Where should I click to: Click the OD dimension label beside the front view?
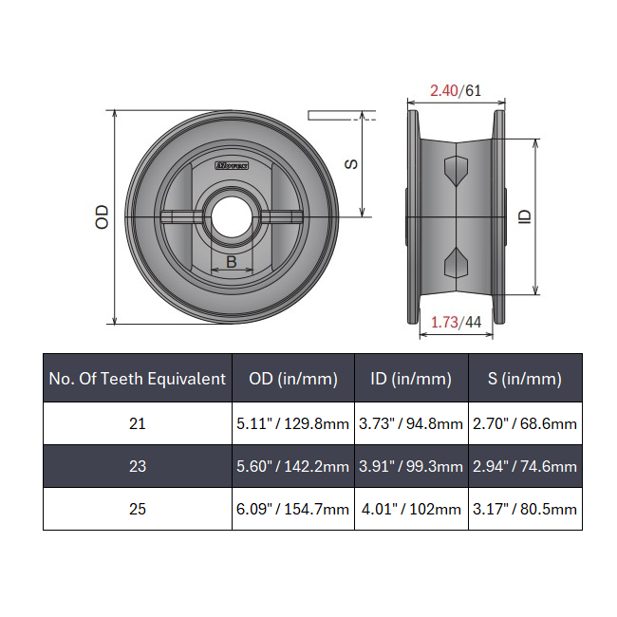click(x=103, y=216)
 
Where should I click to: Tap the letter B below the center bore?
click(x=231, y=262)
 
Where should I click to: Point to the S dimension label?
click(x=350, y=163)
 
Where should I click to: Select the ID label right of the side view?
click(x=525, y=216)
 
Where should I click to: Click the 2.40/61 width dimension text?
click(x=456, y=91)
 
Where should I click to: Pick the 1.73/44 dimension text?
click(x=457, y=322)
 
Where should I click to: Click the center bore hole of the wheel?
click(x=228, y=216)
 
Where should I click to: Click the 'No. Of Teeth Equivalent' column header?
click(x=138, y=379)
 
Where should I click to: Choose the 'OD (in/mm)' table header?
click(x=293, y=379)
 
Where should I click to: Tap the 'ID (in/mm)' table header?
click(x=411, y=379)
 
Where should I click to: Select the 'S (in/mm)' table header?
click(x=525, y=379)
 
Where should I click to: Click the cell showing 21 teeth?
click(x=138, y=423)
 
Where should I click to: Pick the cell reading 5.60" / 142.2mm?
click(x=293, y=466)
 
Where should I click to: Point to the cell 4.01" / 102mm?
click(x=411, y=509)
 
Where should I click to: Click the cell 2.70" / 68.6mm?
click(x=525, y=423)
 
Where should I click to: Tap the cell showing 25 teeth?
click(x=138, y=509)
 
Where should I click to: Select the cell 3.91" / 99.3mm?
click(x=411, y=466)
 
